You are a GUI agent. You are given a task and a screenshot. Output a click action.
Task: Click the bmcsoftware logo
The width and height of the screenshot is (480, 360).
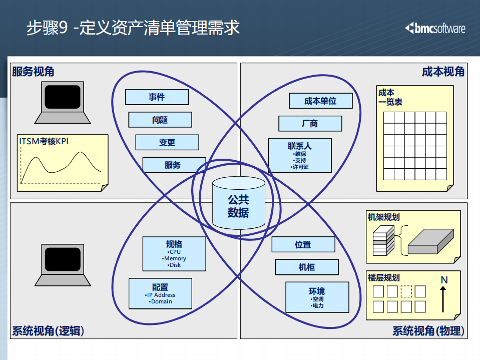pyautogui.click(x=435, y=28)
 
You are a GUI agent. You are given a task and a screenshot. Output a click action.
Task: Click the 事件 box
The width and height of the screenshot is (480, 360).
pyautogui.click(x=157, y=97)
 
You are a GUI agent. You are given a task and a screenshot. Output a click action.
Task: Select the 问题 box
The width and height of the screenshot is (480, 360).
pyautogui.click(x=160, y=120)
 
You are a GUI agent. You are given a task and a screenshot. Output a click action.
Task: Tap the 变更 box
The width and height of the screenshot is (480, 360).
pyautogui.click(x=167, y=142)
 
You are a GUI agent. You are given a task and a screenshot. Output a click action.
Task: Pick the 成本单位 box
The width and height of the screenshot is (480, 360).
pyautogui.click(x=320, y=101)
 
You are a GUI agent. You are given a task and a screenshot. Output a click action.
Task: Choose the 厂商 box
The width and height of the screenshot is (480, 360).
pyautogui.click(x=310, y=123)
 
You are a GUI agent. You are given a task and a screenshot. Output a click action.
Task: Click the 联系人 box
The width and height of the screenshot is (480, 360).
pyautogui.click(x=299, y=155)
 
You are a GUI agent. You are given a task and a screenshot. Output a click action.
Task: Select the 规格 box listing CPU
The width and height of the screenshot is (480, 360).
pyautogui.click(x=174, y=254)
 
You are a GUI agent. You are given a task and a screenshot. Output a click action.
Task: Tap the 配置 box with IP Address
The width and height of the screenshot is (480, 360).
pyautogui.click(x=161, y=293)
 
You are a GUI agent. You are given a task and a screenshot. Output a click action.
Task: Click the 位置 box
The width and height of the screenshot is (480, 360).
pyautogui.click(x=303, y=244)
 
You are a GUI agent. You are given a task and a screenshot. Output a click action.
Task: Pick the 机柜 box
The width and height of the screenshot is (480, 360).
pyautogui.click(x=306, y=267)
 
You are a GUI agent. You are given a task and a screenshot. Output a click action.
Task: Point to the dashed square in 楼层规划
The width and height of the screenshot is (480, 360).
pyautogui.click(x=406, y=291)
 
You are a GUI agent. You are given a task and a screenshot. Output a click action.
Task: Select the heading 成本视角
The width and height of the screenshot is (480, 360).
pyautogui.click(x=443, y=72)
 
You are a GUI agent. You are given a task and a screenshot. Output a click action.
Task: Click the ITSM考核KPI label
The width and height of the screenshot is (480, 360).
pyautogui.click(x=44, y=142)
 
